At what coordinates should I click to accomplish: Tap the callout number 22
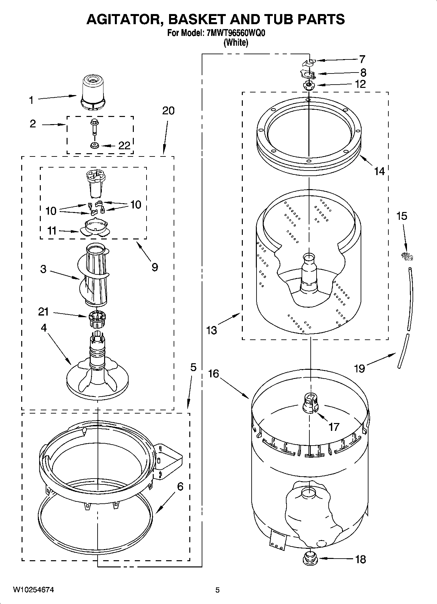pos(124,146)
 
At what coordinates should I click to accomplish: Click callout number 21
pos(43,312)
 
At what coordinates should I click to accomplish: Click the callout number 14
pos(379,171)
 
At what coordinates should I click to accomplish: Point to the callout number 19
pos(359,369)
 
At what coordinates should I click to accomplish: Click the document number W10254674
pos(34,590)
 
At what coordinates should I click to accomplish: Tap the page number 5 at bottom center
pos(218,590)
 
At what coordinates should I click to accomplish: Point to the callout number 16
pos(213,374)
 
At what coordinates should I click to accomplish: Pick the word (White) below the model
pos(236,43)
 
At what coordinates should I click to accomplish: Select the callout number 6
pos(180,487)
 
